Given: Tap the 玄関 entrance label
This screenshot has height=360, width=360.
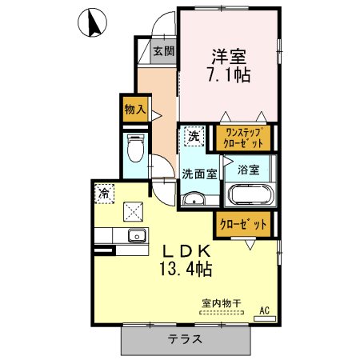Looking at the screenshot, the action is tap(164, 50).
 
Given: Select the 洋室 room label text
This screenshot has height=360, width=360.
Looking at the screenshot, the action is tap(229, 57).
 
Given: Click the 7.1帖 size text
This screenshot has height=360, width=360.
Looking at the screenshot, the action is tap(229, 75).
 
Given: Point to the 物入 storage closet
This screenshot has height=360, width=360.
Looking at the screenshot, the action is tap(135, 109).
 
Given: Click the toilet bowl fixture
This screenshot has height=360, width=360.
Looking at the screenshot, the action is tap(135, 148).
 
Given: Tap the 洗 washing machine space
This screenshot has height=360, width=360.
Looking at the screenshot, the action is tap(194, 136).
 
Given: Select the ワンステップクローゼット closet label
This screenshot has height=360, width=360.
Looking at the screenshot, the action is tap(243, 138).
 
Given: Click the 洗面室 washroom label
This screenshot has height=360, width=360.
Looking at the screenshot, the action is tap(199, 174).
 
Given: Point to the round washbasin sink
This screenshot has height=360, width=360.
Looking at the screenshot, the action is tap(194, 199).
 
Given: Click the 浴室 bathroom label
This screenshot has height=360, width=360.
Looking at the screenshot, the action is tap(249, 170).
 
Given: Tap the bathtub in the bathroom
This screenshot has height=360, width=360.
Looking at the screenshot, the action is tap(250, 194).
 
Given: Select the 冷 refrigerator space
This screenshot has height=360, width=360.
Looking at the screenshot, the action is tap(104, 194).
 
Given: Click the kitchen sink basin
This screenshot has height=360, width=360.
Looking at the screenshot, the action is tap(137, 235).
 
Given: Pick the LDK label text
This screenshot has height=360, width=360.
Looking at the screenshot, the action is tap(186, 251).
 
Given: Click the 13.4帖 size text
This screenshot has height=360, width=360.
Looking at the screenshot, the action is tap(186, 269).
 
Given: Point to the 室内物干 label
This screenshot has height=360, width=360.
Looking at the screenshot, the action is tap(222, 303).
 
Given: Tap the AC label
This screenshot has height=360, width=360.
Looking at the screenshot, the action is tap(265, 310).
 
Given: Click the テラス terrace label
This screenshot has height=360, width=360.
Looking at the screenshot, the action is tap(185, 339).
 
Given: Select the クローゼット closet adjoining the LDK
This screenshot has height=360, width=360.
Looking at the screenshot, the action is tap(243, 224).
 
